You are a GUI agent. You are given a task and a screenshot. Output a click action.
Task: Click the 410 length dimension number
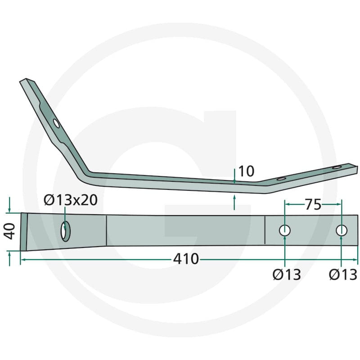pos(186,259)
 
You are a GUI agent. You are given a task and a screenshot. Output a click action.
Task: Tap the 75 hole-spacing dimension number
pos(313,204)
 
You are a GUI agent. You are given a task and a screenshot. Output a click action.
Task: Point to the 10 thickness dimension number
pos(246,171)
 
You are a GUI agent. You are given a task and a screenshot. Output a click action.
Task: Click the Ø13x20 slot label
pos(71,200)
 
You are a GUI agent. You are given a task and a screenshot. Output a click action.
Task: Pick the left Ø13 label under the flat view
pos(287,274)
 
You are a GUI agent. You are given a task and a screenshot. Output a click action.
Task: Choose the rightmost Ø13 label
pos(343,274)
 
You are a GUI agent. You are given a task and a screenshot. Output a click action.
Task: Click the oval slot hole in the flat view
pos(65,231)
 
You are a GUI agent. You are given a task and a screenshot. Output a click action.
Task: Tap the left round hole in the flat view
pos(285,230)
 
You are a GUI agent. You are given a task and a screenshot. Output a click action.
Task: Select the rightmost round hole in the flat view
pos(342,230)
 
